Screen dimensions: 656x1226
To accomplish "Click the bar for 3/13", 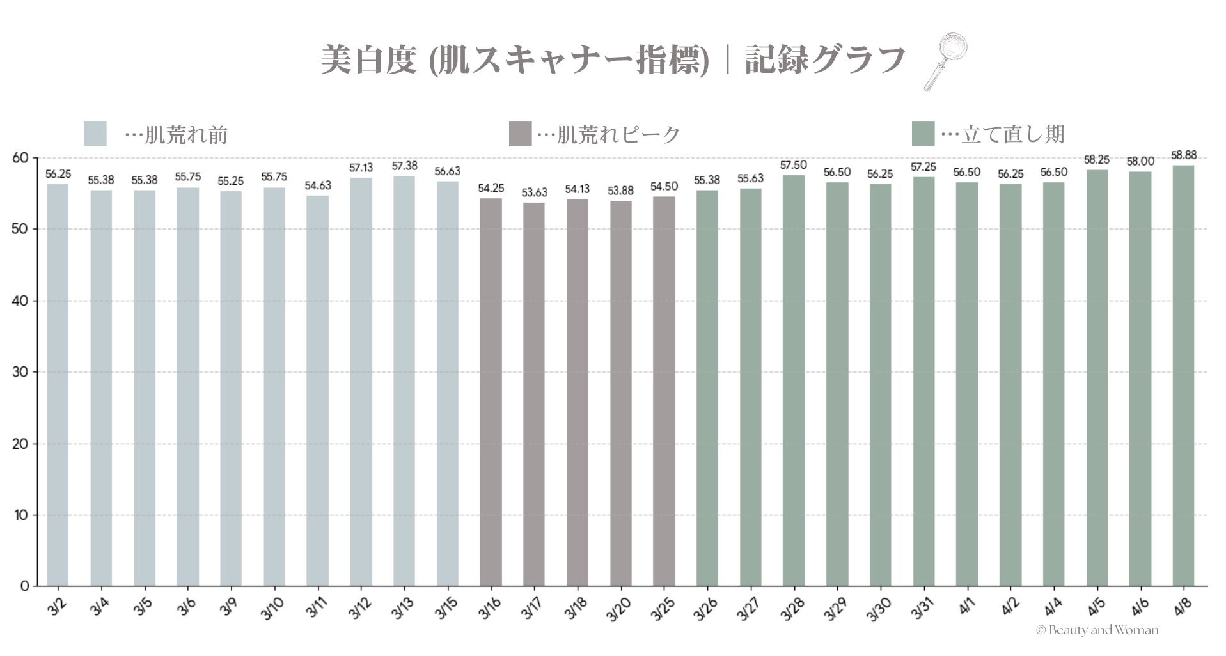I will click(404, 380).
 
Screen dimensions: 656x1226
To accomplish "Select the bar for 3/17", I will click(533, 394).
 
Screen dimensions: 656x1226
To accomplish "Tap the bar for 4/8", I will click(1183, 375).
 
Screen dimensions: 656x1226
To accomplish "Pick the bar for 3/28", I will click(793, 380).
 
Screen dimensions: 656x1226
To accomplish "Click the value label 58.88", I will click(1183, 155).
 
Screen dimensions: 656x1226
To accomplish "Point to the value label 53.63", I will click(534, 192).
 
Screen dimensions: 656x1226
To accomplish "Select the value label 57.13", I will click(361, 168).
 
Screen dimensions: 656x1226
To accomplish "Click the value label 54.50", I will click(664, 187).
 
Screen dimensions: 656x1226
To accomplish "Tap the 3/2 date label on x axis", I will click(57, 607).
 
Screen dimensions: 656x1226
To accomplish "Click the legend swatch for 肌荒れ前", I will click(95, 134).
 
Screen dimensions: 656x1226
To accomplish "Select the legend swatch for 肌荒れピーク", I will click(520, 134).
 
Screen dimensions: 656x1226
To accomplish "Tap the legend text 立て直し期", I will click(1013, 134).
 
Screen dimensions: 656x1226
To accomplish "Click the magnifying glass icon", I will click(945, 62).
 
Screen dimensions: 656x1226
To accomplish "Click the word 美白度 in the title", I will click(368, 60).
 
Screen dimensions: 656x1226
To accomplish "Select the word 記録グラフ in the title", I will click(824, 60).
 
